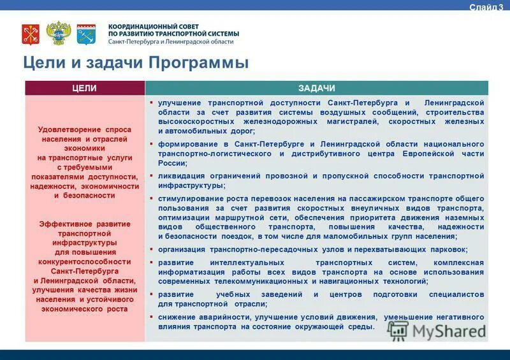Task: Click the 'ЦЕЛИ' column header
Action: pyautogui.click(x=85, y=88)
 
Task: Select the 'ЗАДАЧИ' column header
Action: pyautogui.click(x=316, y=88)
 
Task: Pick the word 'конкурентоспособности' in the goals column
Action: pyautogui.click(x=85, y=262)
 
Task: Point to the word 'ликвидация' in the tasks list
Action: pyautogui.click(x=181, y=176)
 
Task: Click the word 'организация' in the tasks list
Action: pyautogui.click(x=182, y=249)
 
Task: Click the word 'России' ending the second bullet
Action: pyautogui.click(x=172, y=163)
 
